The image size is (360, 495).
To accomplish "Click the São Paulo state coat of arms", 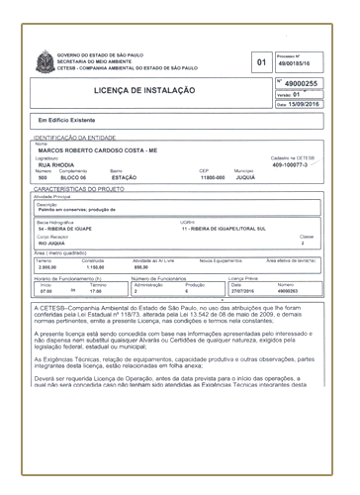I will [x=43, y=61].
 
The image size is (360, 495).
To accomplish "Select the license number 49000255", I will [x=302, y=83].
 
